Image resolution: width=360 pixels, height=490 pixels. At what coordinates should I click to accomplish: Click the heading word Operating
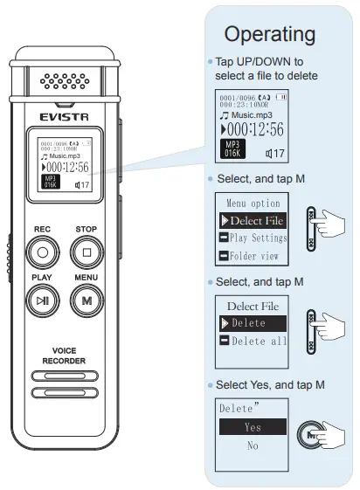(x=269, y=34)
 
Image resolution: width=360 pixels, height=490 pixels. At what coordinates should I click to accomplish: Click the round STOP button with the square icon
(x=87, y=254)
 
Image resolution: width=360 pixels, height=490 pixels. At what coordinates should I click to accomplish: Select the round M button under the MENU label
(x=87, y=300)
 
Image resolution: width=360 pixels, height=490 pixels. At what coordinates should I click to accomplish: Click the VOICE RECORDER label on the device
(x=64, y=355)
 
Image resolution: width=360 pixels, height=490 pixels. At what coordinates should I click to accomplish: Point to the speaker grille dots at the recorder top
(x=66, y=83)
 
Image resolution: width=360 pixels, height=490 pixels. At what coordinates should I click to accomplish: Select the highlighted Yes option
(x=252, y=427)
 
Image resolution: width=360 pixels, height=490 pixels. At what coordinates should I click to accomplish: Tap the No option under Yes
(x=252, y=445)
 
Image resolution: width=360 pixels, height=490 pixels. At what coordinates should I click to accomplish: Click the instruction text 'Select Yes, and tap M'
(x=270, y=385)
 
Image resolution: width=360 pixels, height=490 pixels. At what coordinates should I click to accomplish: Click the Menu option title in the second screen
(x=253, y=203)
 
